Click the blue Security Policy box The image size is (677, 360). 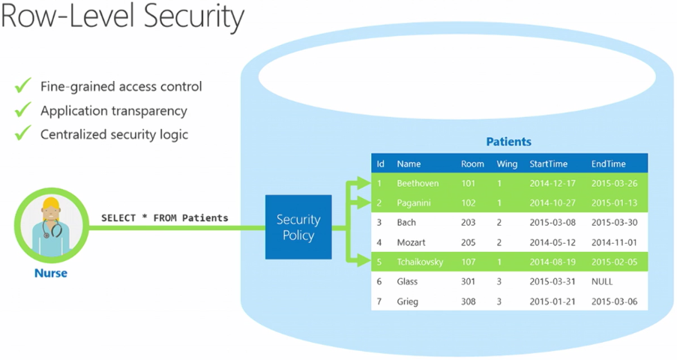(x=298, y=227)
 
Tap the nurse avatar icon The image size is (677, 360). (x=52, y=225)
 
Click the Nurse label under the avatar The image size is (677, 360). (x=51, y=273)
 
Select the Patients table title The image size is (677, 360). (x=508, y=142)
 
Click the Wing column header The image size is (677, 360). (x=507, y=163)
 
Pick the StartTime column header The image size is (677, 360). (x=548, y=163)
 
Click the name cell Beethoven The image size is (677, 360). (x=418, y=183)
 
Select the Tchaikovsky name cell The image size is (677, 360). (x=420, y=262)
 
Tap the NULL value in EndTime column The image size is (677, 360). (x=602, y=281)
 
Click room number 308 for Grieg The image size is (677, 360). (x=468, y=301)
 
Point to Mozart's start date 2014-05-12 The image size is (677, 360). (x=553, y=242)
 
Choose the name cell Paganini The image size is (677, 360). (x=414, y=203)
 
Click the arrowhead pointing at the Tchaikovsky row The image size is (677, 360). (x=364, y=261)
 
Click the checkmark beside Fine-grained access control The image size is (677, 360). (x=23, y=85)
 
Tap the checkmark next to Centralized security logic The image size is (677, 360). (x=23, y=133)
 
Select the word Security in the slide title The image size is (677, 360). (x=193, y=16)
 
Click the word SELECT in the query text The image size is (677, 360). (x=118, y=217)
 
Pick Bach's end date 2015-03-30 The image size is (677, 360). (x=614, y=223)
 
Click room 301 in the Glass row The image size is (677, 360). (x=468, y=281)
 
